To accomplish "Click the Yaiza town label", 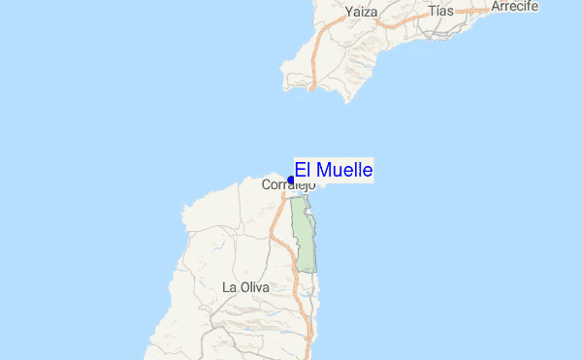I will pos(360,13).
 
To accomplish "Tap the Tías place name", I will pos(440,11).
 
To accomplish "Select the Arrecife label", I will pos(515,6).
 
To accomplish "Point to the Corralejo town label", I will pos(289,184).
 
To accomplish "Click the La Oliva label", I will pos(244,287).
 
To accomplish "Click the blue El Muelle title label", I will pos(334,171).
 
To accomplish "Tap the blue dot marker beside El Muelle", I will pos(291,180).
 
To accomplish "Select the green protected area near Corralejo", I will pos(305,238).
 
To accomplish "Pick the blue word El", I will pos(302,171).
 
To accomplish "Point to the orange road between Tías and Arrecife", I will pos(475,11).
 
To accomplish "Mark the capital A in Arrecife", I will pos(497,6).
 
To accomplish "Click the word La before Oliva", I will pos(229,287).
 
